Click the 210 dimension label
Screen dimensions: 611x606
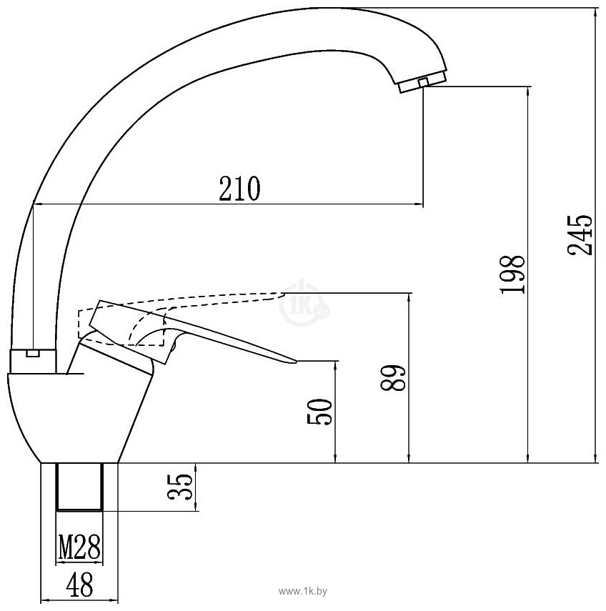tap(239, 189)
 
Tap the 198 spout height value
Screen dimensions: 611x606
tap(512, 274)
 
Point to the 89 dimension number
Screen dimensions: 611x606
tap(394, 377)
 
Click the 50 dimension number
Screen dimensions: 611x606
tap(321, 412)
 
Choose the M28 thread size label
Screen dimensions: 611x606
tap(79, 550)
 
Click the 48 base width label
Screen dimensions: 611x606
tap(79, 586)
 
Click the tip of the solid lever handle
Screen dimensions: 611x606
tap(292, 362)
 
